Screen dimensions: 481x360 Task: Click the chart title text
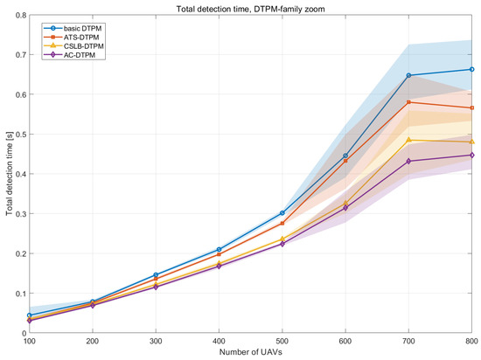pos(250,9)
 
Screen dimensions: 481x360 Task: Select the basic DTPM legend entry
pos(73,29)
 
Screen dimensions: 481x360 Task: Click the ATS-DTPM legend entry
pos(72,38)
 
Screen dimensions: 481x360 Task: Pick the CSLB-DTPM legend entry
pos(73,46)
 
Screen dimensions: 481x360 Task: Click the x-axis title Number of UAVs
pos(251,352)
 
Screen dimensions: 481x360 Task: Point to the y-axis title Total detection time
pos(10,173)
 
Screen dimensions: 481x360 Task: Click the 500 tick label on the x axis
pos(282,341)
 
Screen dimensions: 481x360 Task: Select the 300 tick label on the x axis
pos(156,341)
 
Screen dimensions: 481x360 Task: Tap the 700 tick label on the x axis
pos(408,341)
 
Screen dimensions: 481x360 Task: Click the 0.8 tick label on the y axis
pos(21,15)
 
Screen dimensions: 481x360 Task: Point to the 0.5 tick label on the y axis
pos(21,135)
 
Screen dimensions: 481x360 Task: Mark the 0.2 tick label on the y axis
pos(21,253)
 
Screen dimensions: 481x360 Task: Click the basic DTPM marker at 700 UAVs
pos(408,75)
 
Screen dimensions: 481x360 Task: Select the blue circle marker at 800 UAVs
pos(471,70)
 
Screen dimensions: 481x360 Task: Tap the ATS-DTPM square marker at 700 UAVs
pos(408,102)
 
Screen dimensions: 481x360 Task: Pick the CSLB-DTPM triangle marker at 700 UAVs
pos(408,140)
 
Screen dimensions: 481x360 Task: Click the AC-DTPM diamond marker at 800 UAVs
pos(471,156)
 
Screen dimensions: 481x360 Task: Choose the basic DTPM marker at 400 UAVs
pos(219,249)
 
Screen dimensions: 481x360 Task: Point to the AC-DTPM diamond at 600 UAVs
pos(345,208)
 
